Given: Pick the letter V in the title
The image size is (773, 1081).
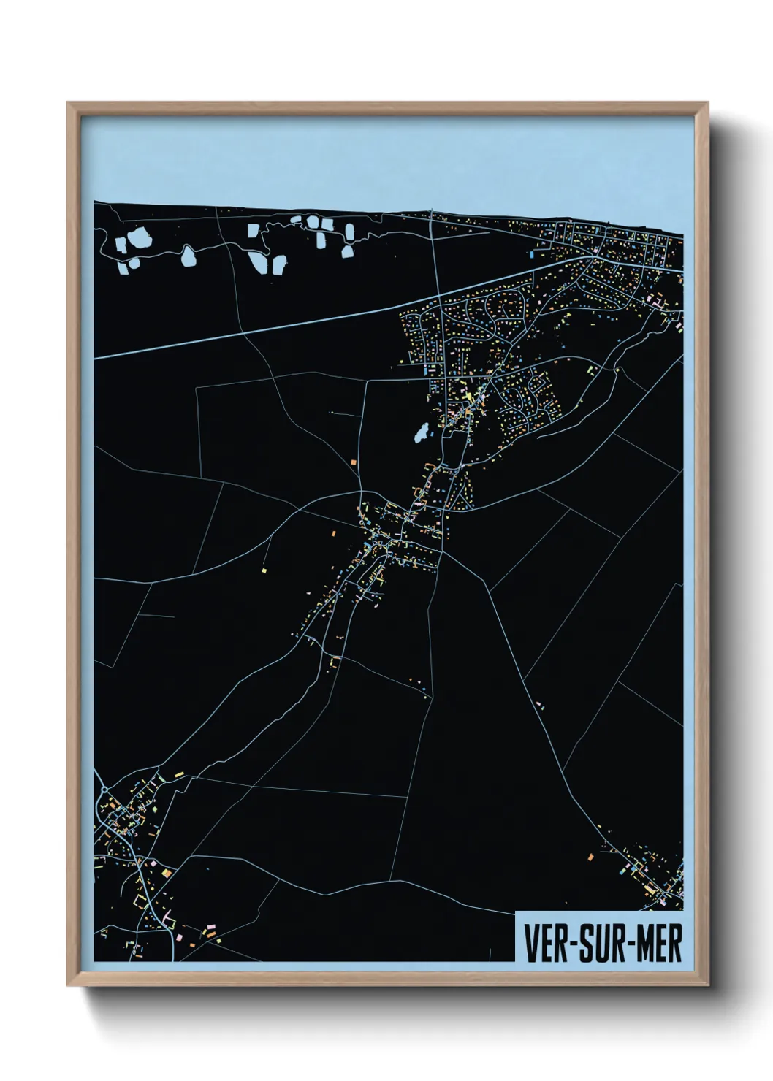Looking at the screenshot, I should click(x=530, y=944).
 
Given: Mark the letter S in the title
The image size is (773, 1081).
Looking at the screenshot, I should click(x=585, y=944).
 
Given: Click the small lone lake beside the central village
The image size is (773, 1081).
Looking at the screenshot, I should click(x=422, y=435).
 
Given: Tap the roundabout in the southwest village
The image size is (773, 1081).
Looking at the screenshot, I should click(x=104, y=790).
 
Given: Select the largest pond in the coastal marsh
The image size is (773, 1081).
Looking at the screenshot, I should click(x=136, y=238).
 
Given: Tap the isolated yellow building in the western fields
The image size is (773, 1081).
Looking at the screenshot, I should click(x=264, y=568).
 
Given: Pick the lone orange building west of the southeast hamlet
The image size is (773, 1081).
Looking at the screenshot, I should click(x=590, y=856).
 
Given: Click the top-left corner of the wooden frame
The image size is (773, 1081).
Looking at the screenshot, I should click(x=69, y=103).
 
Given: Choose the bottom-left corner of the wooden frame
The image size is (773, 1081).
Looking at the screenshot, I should click(x=69, y=985).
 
